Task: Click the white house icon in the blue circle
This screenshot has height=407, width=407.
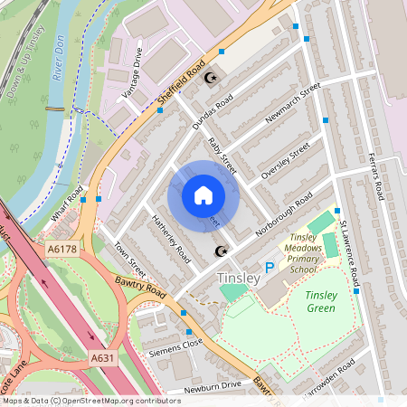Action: pos(203,195)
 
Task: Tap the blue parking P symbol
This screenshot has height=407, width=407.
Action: pos(269,268)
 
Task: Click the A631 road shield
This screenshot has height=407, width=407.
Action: pos(103,360)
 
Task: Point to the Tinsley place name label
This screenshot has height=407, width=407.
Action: pos(239,278)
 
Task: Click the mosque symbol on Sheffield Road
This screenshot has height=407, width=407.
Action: pos(213,78)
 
